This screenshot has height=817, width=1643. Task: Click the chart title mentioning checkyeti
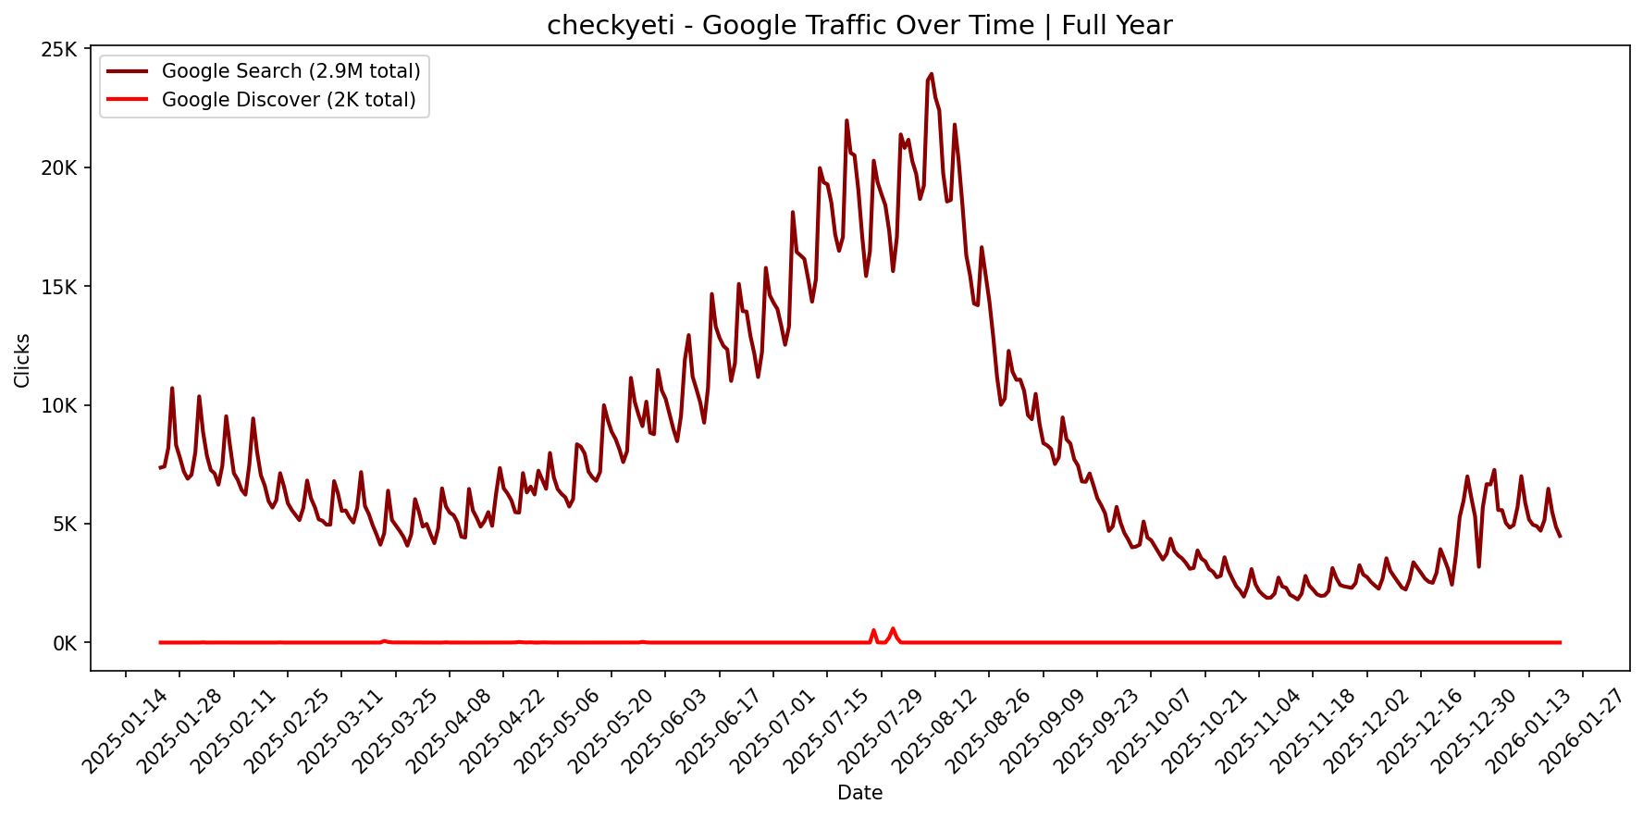(859, 25)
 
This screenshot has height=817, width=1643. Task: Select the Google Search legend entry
(290, 71)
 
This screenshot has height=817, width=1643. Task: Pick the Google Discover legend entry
(289, 100)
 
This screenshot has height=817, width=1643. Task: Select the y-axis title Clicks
(22, 360)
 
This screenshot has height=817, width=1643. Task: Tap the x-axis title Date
(859, 793)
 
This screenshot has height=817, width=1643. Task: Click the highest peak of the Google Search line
(931, 74)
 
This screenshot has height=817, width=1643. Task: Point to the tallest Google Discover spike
(893, 629)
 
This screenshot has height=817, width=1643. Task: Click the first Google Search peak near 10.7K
(172, 389)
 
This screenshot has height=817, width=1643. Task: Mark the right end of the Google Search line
(1560, 537)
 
